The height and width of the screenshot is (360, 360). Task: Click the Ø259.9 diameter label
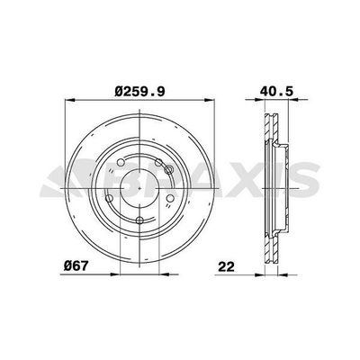(x=139, y=91)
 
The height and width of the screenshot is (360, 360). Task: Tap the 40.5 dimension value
(x=276, y=91)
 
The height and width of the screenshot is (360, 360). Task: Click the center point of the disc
(x=140, y=188)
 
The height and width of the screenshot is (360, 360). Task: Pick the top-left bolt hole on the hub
(x=121, y=162)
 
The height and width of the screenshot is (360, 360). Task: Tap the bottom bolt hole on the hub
(x=139, y=220)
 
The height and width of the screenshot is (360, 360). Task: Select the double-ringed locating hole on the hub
(x=169, y=169)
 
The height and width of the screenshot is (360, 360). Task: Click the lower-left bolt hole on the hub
(x=110, y=198)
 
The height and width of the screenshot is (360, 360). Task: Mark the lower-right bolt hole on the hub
(x=170, y=198)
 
